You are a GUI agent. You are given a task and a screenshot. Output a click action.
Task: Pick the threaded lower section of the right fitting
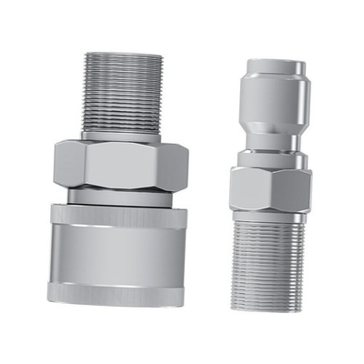point(270,255)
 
